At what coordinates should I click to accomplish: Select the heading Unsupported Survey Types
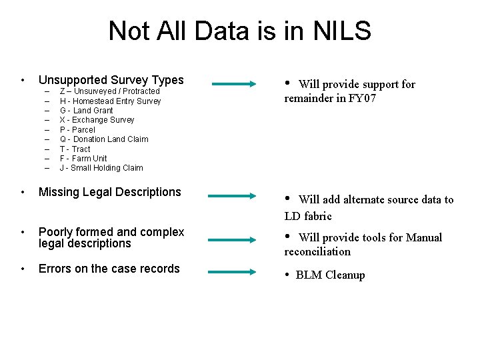pyautogui.click(x=111, y=80)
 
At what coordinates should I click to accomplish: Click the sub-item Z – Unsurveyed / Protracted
pyautogui.click(x=110, y=91)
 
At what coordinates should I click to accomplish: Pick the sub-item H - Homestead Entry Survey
pyautogui.click(x=110, y=101)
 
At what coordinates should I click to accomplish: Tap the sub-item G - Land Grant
pyautogui.click(x=87, y=111)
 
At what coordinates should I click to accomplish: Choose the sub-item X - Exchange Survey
pyautogui.click(x=97, y=120)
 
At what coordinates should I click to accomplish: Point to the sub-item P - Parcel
pyautogui.click(x=77, y=130)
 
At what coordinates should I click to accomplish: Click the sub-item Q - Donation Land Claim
pyautogui.click(x=104, y=139)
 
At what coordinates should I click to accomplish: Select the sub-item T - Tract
pyautogui.click(x=75, y=149)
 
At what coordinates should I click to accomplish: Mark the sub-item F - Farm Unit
pyautogui.click(x=83, y=159)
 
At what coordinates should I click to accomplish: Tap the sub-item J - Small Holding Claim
pyautogui.click(x=101, y=168)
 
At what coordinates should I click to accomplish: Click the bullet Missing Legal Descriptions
pyautogui.click(x=110, y=192)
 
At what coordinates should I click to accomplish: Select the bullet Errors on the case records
pyautogui.click(x=109, y=269)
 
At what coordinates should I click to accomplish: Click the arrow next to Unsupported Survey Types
pyautogui.click(x=233, y=84)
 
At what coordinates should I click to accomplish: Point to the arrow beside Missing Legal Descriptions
pyautogui.click(x=233, y=197)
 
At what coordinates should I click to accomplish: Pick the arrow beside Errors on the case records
pyautogui.click(x=233, y=272)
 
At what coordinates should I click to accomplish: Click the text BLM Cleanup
pyautogui.click(x=330, y=275)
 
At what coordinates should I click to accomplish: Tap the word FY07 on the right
pyautogui.click(x=366, y=98)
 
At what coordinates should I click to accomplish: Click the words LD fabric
pyautogui.click(x=307, y=216)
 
